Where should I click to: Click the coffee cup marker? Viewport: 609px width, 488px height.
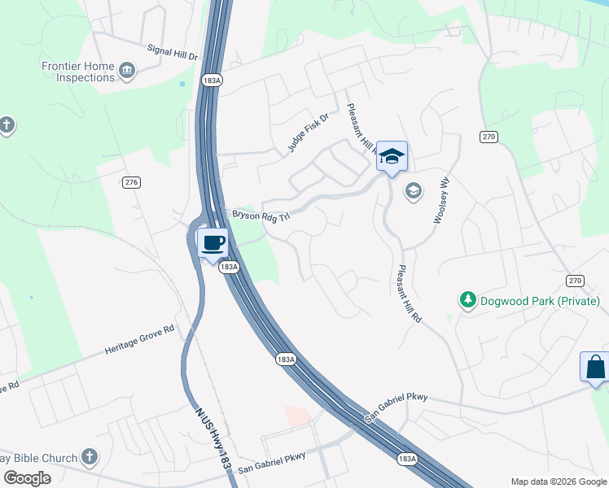click(213, 243)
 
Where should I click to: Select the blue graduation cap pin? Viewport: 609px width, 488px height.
click(392, 156)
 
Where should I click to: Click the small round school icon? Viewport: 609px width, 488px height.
click(413, 191)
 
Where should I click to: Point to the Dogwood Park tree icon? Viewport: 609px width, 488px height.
click(467, 301)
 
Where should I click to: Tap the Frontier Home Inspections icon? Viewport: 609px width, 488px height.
click(126, 72)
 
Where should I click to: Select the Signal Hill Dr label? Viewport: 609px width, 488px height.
click(173, 53)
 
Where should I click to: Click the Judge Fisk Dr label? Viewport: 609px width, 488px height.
click(308, 133)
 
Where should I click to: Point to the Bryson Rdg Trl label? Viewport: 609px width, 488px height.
click(261, 215)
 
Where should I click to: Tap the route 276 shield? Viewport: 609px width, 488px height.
click(131, 182)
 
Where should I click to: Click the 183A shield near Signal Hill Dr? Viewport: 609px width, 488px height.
click(210, 81)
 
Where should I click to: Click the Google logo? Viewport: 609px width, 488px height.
click(27, 477)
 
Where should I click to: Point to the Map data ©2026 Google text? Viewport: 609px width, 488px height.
click(559, 481)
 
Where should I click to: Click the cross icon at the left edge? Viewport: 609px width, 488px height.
click(7, 126)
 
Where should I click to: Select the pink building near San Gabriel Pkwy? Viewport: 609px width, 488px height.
click(298, 415)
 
